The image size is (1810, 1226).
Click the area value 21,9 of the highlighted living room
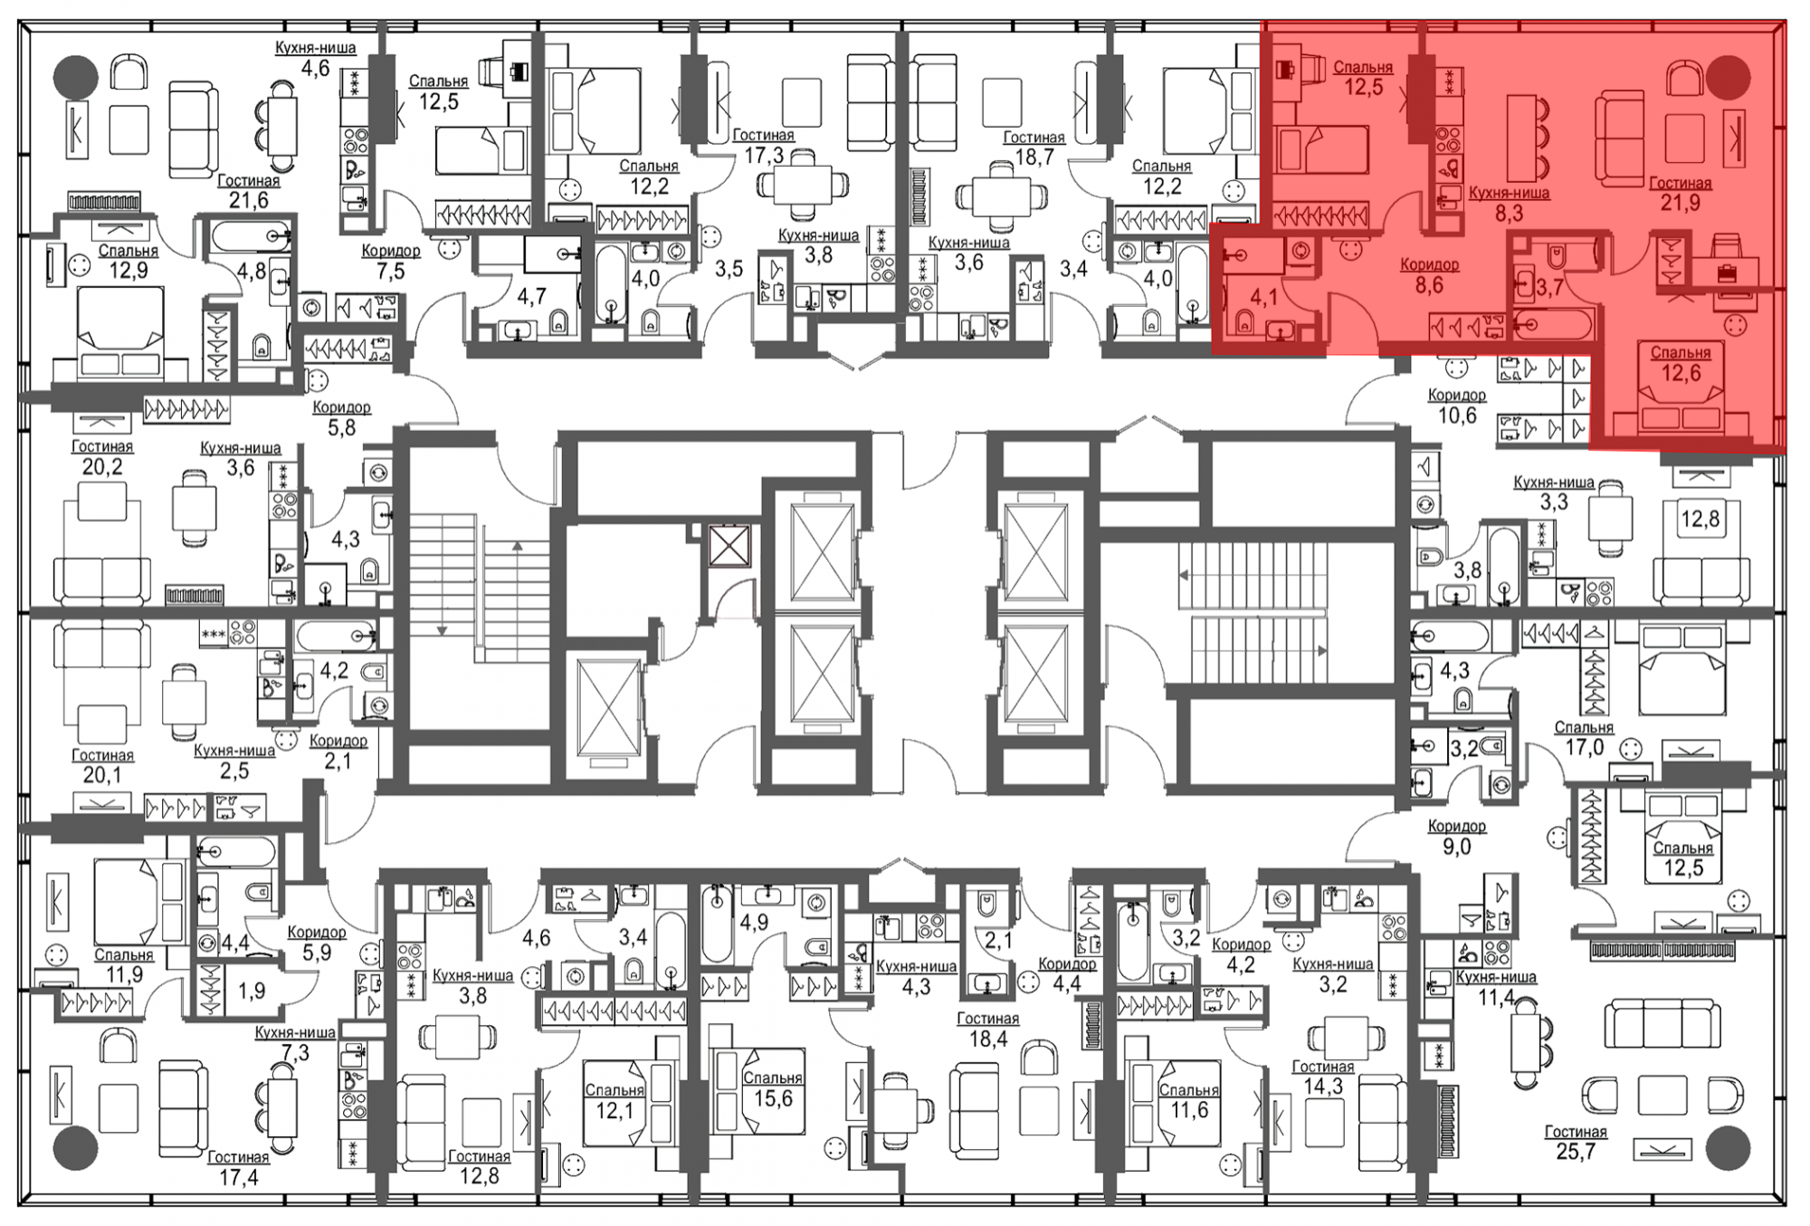1680,203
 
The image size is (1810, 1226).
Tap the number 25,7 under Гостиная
1576,1152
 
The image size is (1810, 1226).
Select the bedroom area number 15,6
772,1098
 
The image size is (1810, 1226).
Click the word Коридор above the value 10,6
1457,395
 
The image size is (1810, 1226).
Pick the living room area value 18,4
988,1039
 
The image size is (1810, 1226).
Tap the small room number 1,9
252,991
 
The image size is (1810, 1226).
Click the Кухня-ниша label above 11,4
1496,977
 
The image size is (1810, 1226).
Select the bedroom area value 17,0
1585,747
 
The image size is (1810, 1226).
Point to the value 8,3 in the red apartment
1509,213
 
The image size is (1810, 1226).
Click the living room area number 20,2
102,466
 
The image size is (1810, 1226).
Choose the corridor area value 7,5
390,271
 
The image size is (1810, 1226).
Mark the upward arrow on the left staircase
517,589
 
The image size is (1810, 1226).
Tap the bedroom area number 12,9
129,270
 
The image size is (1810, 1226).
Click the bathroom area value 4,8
251,271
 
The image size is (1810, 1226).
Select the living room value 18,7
1034,157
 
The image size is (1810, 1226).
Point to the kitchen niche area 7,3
295,1052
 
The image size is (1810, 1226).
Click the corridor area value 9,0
1456,847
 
